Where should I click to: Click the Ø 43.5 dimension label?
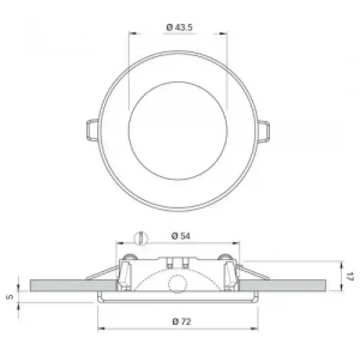[x=179, y=27]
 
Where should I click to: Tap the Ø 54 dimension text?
[x=181, y=236]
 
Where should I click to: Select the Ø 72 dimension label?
[x=182, y=321]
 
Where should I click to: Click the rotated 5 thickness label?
[x=10, y=297]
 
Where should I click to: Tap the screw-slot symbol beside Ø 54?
[x=140, y=238]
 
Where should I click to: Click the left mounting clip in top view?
[x=93, y=130]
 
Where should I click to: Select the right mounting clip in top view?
[x=264, y=132]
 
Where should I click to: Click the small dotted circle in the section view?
[x=177, y=283]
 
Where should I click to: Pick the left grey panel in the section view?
[x=73, y=285]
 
